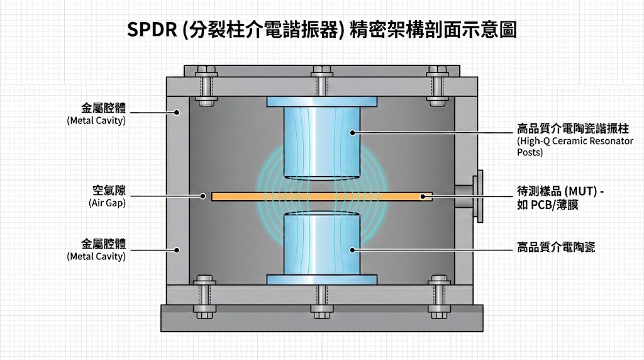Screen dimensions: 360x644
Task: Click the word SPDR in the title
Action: point(150,30)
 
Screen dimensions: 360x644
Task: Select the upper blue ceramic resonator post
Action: point(321,142)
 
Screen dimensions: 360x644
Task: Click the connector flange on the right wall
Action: point(479,195)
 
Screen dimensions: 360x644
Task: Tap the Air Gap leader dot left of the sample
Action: point(203,196)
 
